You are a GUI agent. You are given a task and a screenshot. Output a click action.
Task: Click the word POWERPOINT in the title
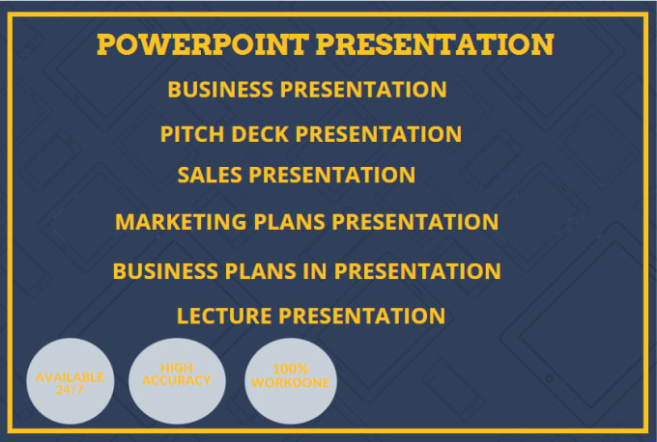point(203,44)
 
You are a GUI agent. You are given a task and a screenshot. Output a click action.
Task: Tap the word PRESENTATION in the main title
point(435,44)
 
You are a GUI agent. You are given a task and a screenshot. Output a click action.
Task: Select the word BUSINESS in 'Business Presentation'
point(220,90)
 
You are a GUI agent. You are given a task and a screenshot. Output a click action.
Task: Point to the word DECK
point(260,134)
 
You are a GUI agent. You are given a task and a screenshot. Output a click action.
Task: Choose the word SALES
point(210,175)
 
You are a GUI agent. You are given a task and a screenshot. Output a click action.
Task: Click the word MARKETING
point(181,222)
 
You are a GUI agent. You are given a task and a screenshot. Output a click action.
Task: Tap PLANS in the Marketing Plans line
point(290,222)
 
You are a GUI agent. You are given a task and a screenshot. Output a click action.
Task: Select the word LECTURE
point(224,316)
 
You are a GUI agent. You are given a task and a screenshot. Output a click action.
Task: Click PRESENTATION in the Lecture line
point(362,316)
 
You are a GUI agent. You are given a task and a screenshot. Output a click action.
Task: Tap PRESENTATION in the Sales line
point(332,175)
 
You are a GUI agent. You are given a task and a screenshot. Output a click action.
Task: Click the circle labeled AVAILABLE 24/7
point(71,381)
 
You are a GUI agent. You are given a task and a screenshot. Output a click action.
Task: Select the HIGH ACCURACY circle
point(177,381)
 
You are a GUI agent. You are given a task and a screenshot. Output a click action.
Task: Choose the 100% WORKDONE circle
point(291,381)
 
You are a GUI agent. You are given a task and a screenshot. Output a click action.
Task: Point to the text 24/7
point(71,390)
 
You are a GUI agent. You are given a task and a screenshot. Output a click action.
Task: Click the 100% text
point(291,370)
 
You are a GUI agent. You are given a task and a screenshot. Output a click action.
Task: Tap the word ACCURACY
point(177,380)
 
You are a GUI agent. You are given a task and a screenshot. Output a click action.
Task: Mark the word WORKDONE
point(291,382)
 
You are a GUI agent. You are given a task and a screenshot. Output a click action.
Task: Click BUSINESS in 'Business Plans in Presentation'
point(165,271)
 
